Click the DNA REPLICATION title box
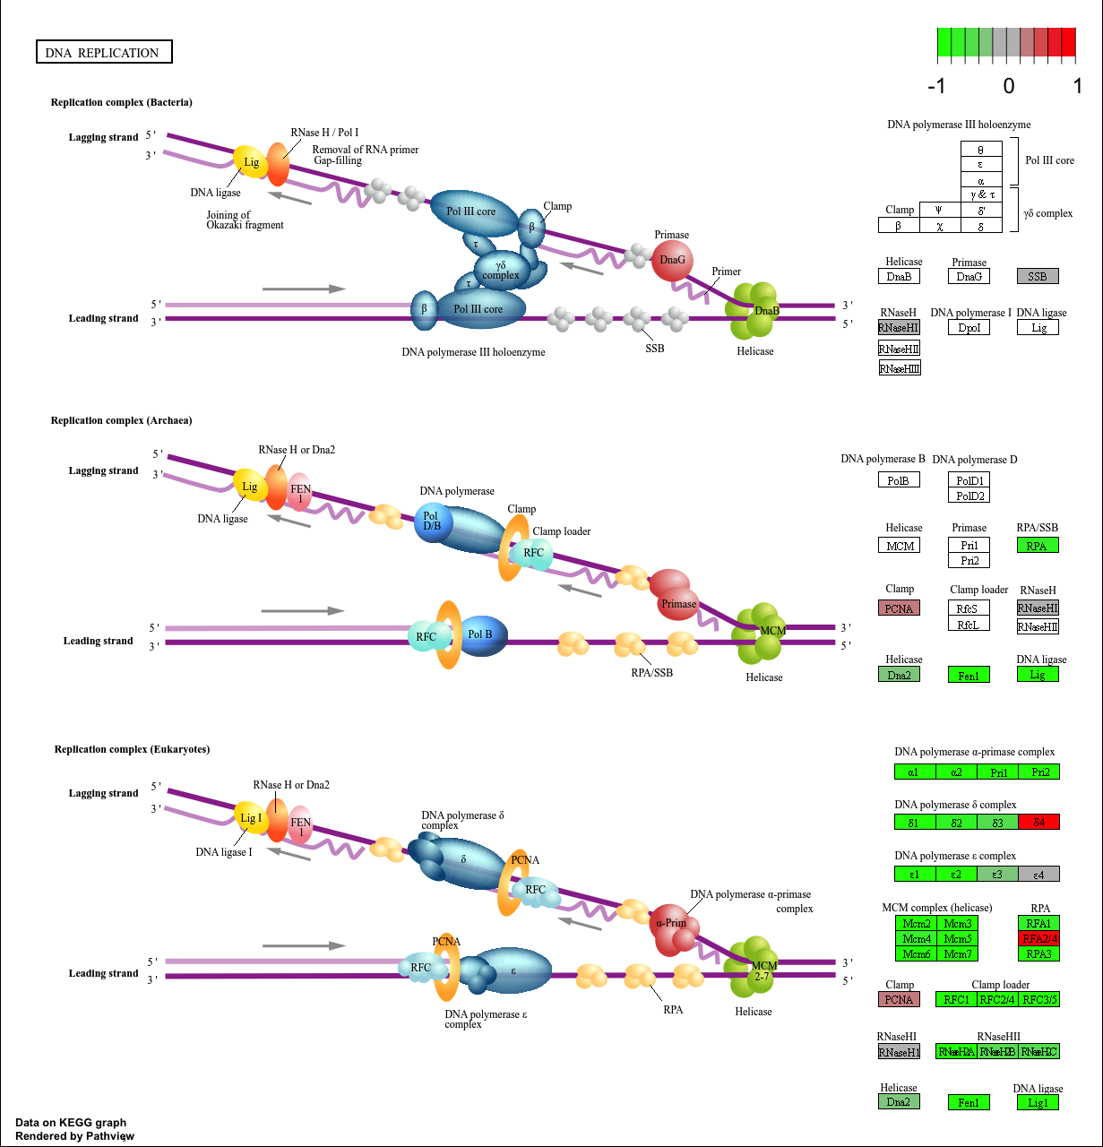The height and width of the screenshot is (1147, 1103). pos(103,52)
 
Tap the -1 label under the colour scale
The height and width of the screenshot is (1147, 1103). pos(936,86)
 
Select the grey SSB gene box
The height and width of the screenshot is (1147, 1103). pos(1038,276)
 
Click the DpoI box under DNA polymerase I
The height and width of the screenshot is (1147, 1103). pos(969,327)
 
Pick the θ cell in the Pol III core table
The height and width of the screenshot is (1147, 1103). pos(980,150)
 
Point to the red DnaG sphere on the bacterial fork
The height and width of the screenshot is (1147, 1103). pos(672,260)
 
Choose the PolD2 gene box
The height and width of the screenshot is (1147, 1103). pos(969,496)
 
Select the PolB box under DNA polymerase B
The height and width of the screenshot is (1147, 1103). pos(899,480)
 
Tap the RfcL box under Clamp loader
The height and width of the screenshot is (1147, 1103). pos(969,624)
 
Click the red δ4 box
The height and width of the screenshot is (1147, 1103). pos(1038,822)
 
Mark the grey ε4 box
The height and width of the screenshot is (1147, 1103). pos(1038,874)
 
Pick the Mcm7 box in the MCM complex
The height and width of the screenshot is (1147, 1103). pos(957,953)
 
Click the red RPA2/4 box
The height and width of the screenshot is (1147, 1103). pos(1038,938)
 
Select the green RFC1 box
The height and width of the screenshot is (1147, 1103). pos(956,999)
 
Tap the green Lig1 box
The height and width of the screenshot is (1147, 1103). pos(1038,1102)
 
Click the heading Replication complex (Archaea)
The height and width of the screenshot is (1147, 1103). pos(121,420)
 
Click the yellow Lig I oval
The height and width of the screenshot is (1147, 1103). pos(250,817)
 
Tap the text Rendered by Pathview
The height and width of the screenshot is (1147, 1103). pos(74,1136)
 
